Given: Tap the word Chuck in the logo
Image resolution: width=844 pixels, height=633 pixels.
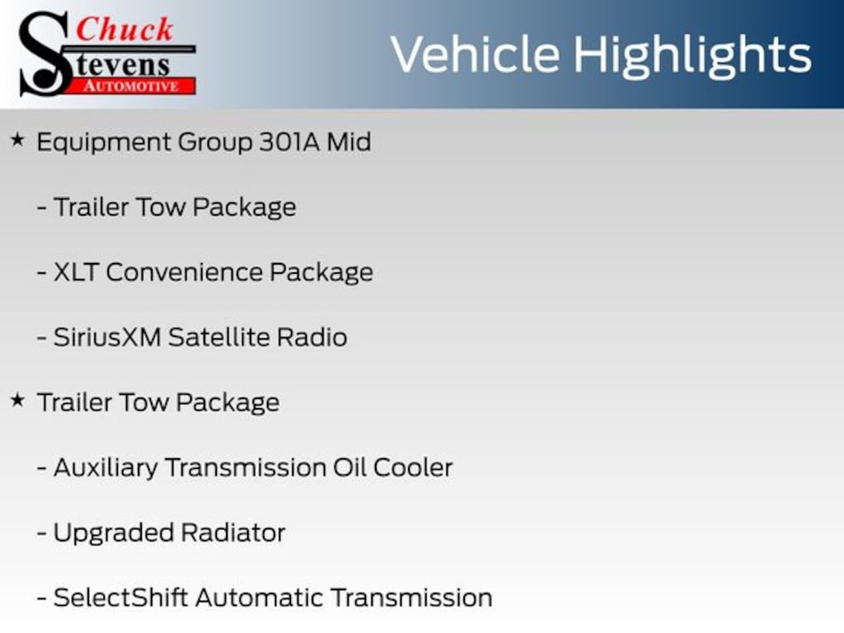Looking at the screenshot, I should click(125, 30).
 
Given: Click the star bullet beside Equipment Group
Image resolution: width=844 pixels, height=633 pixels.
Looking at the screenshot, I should click(17, 141).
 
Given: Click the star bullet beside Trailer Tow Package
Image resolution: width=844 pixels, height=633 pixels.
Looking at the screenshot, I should click(17, 401).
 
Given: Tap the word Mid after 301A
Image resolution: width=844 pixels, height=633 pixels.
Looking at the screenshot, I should click(349, 142).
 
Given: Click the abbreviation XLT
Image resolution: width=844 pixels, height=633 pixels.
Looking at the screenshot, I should click(76, 272).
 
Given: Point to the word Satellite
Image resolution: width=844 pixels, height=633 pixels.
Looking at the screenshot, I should click(218, 337).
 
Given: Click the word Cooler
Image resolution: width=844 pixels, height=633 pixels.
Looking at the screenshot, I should click(413, 467).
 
